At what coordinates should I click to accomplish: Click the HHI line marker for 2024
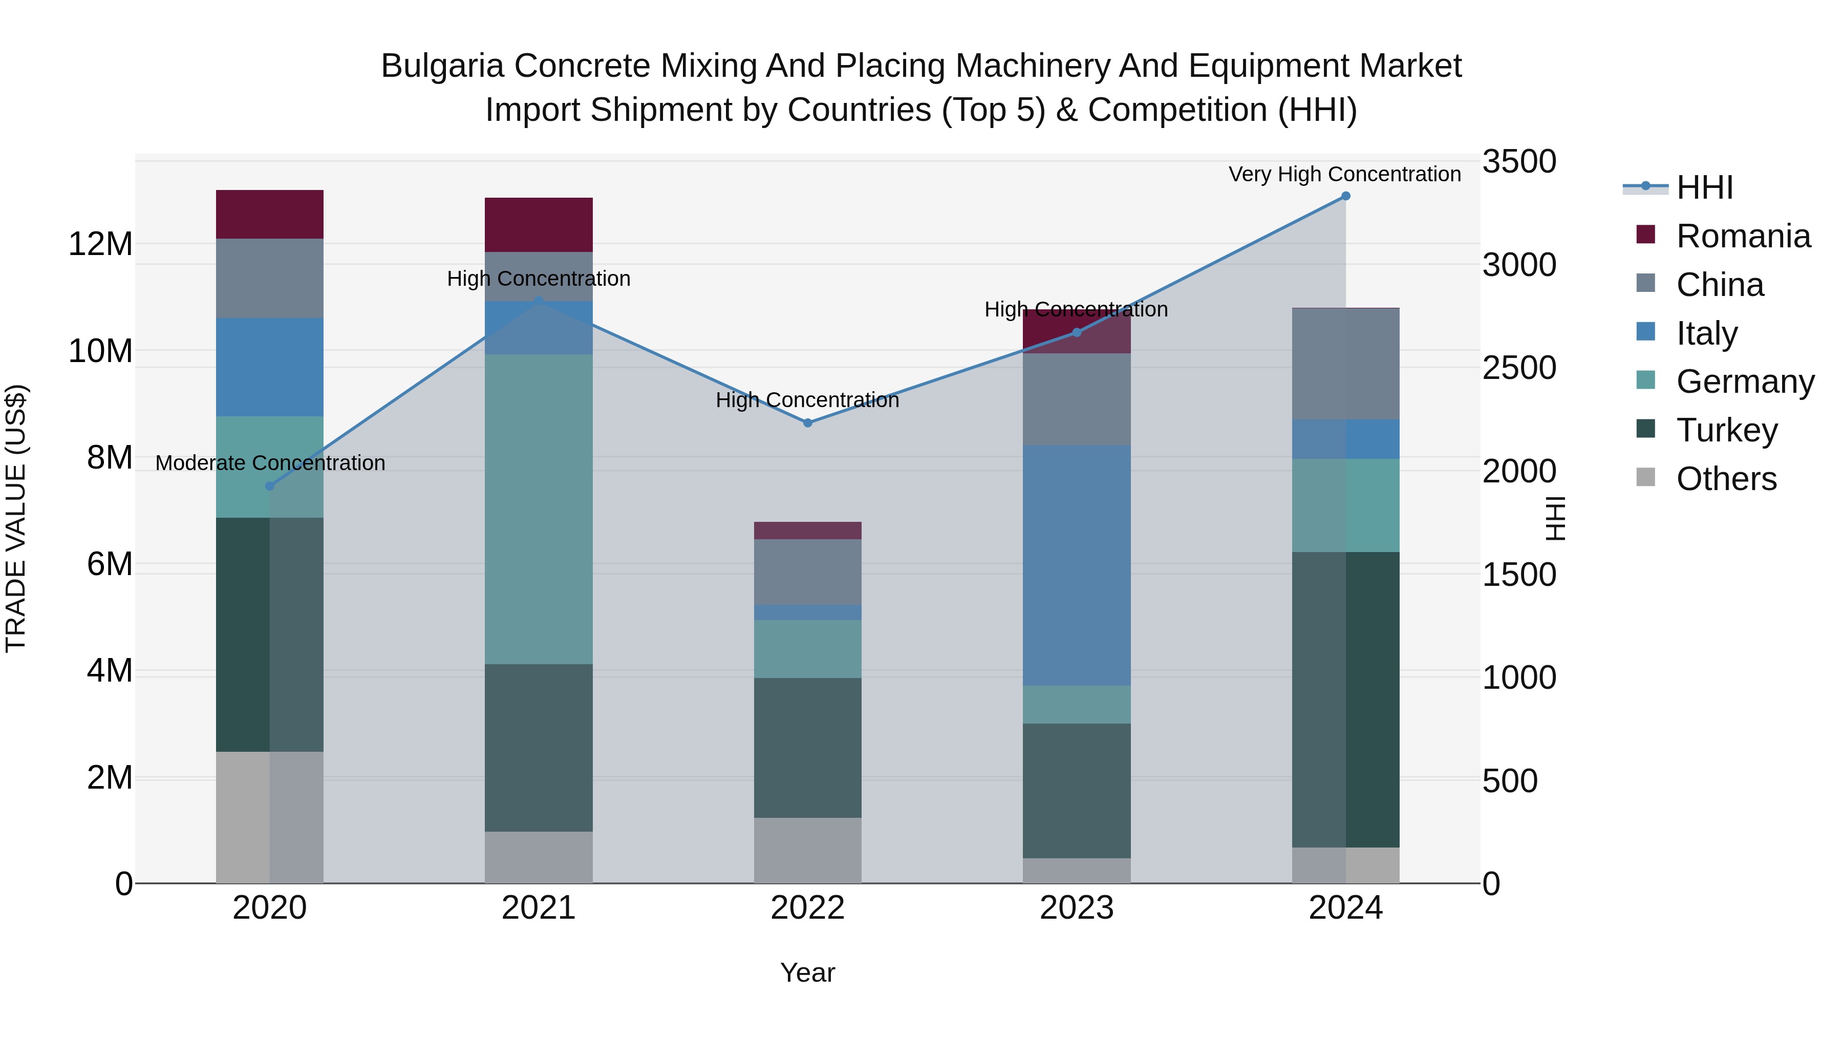point(1345,196)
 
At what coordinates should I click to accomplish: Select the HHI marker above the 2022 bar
point(808,423)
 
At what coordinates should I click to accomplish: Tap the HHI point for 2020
point(270,486)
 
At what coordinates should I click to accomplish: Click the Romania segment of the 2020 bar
point(270,215)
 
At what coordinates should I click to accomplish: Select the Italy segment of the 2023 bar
point(1077,565)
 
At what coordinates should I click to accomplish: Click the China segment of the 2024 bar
point(1345,364)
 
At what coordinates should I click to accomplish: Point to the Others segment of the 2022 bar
point(808,850)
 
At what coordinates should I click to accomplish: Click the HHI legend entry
point(1703,187)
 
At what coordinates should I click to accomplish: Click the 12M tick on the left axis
point(100,244)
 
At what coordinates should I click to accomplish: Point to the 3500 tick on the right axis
point(1518,162)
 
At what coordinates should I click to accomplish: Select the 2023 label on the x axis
point(1077,908)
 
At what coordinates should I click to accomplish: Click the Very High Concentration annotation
point(1344,174)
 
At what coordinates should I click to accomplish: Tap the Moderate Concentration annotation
point(270,463)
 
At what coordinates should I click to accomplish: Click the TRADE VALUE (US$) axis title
point(16,518)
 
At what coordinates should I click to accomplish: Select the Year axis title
point(808,972)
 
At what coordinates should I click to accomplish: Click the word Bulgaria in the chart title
point(443,66)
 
